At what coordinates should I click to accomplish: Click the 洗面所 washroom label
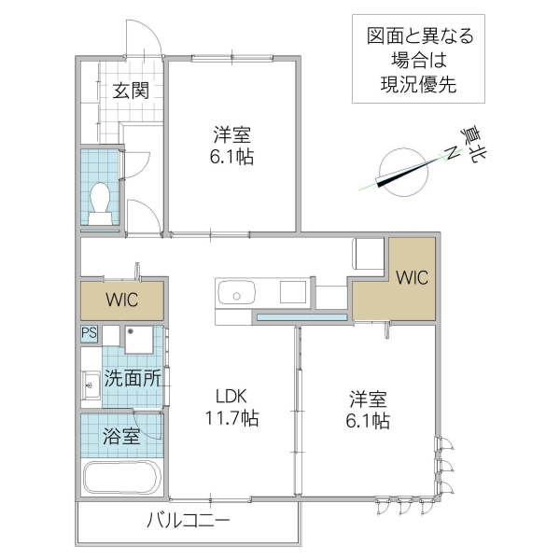click(133, 379)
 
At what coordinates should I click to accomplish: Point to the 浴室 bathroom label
click(122, 435)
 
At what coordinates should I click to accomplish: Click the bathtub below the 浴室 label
click(123, 478)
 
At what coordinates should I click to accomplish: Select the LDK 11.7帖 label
click(231, 408)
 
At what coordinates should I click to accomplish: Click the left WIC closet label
click(122, 301)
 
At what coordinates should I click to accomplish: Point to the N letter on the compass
click(452, 152)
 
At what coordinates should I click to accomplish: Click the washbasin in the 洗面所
click(91, 383)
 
